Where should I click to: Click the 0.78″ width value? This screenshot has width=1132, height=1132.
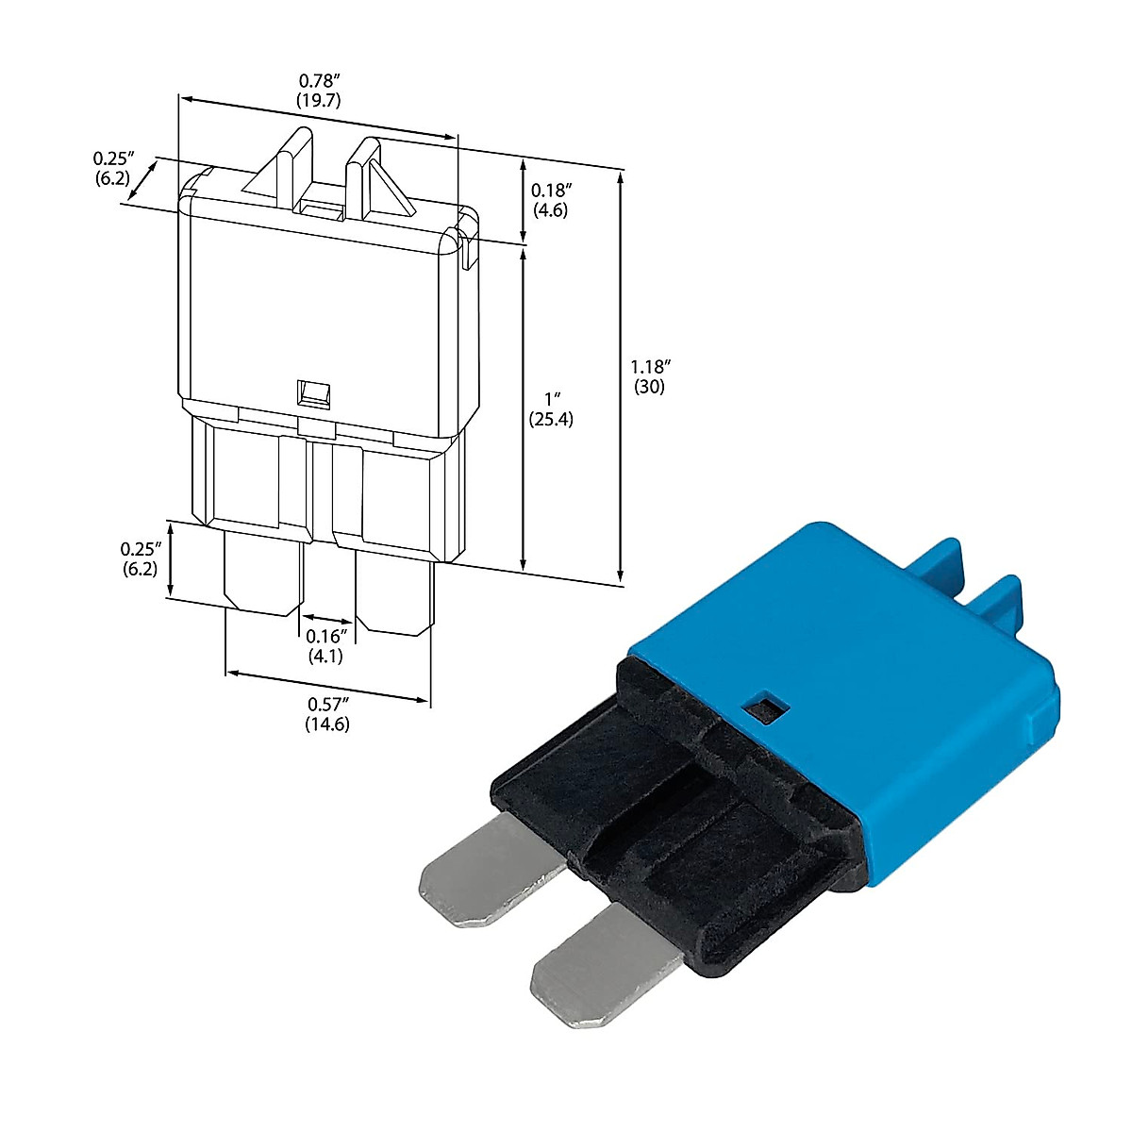point(320,81)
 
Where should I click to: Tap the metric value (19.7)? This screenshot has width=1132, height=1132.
point(320,100)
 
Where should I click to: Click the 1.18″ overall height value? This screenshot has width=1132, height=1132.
point(650,367)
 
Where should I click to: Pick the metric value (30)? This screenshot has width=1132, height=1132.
point(650,387)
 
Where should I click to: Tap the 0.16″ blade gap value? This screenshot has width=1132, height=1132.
point(327,637)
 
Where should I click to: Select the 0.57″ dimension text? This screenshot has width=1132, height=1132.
point(327,705)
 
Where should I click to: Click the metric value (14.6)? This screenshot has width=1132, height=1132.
point(327,724)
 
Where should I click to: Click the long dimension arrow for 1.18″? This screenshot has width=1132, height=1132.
point(620,377)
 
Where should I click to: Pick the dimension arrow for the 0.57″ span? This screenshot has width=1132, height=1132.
point(327,686)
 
